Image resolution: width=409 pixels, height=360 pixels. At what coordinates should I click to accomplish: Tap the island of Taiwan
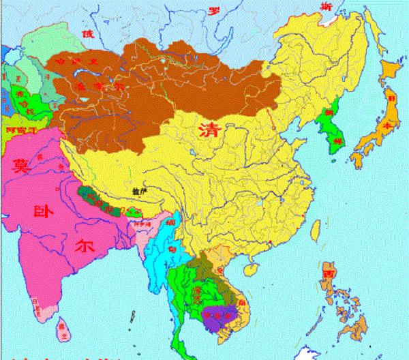pyautogui.click(x=315, y=227)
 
